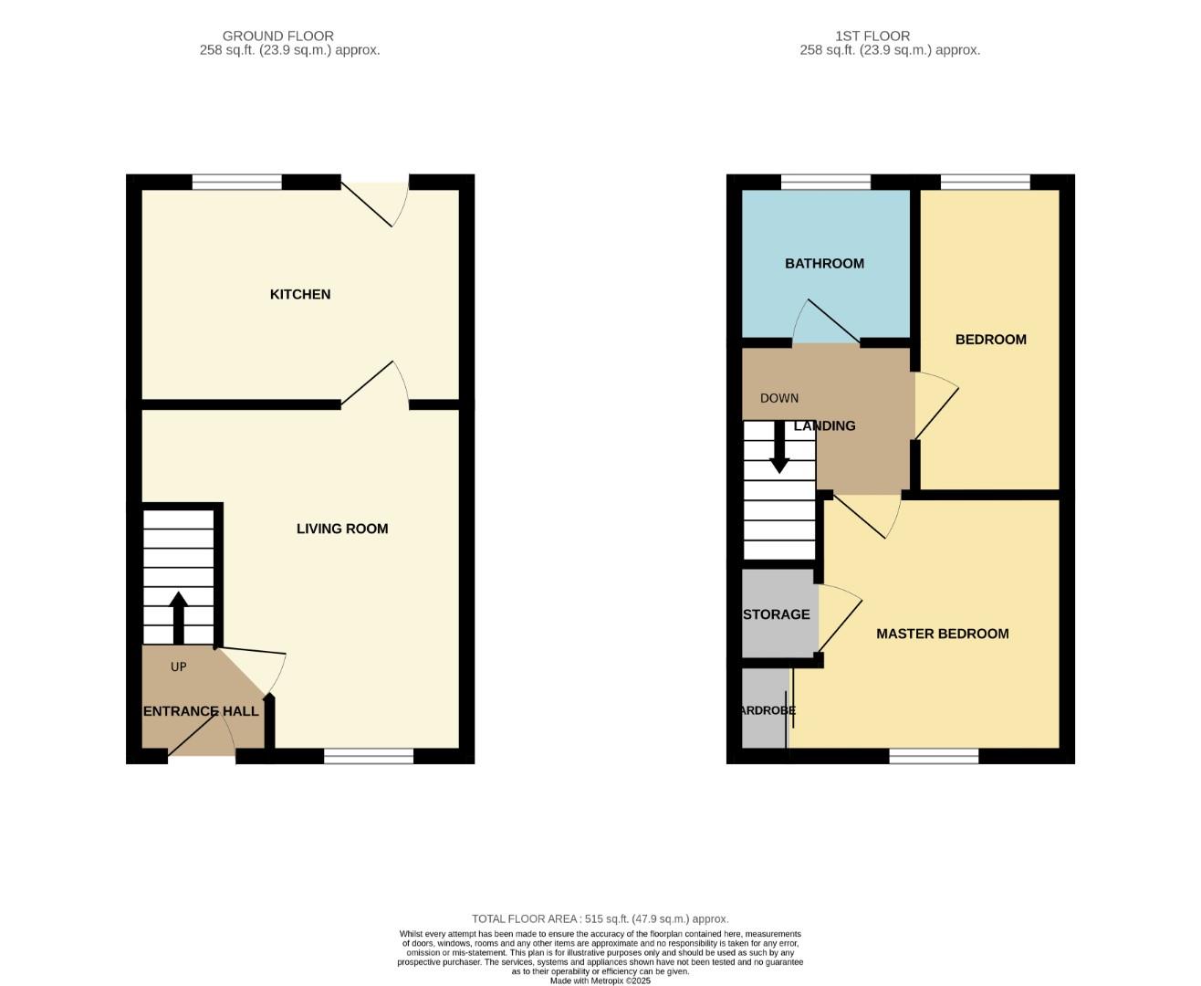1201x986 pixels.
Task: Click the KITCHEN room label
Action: pos(299,294)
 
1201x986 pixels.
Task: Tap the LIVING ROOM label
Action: pos(342,529)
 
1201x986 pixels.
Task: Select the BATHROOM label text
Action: pos(824,263)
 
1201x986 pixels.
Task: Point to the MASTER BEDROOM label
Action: pos(942,634)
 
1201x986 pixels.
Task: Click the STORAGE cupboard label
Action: pos(776,614)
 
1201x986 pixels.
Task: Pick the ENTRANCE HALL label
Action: pos(201,711)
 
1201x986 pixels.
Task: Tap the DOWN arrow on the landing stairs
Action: pos(779,446)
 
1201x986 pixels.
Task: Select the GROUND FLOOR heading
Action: pos(278,37)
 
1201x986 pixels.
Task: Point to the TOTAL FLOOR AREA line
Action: pos(600,919)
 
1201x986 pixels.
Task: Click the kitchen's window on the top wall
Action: pos(237,183)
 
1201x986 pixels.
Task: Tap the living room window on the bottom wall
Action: pos(369,756)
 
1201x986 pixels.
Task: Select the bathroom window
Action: pos(825,183)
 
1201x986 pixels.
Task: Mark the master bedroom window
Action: pos(934,756)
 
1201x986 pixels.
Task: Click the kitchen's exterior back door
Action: pos(374,201)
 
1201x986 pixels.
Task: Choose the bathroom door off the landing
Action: pos(826,324)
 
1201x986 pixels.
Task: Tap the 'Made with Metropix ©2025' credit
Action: pos(600,981)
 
